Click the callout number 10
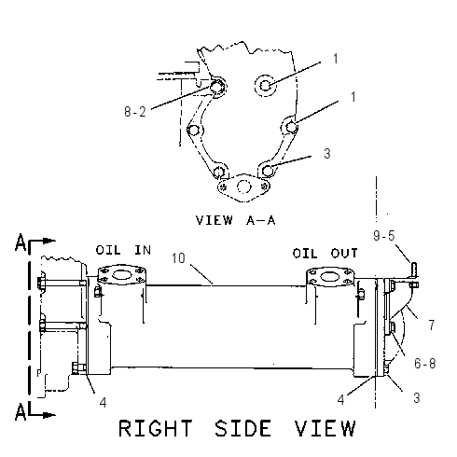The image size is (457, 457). (x=178, y=258)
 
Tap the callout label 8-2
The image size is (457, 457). (x=135, y=112)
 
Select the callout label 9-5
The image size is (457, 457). (x=384, y=236)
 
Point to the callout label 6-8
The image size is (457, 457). (x=425, y=364)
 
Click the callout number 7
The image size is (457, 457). (x=432, y=325)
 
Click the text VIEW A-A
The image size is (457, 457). (x=235, y=220)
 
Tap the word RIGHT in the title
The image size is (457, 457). (x=156, y=428)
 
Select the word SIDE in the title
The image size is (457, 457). (x=242, y=428)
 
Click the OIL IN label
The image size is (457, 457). (x=123, y=250)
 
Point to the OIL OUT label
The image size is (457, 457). (x=325, y=254)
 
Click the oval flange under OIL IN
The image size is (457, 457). (x=121, y=275)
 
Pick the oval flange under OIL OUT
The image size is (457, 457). (x=330, y=276)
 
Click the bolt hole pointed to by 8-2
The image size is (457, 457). (x=216, y=87)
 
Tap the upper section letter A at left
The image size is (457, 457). (x=21, y=242)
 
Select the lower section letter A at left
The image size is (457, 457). (x=21, y=412)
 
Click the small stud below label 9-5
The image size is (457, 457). (x=415, y=270)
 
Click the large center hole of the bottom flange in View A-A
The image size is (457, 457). (x=243, y=187)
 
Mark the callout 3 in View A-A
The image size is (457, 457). (x=327, y=154)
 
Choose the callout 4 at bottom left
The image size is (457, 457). (x=103, y=403)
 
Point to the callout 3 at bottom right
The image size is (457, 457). (x=417, y=398)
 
